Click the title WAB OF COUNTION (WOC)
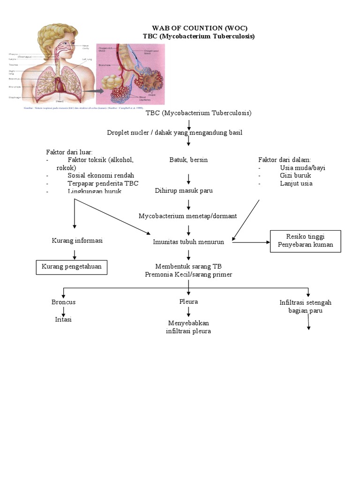199,28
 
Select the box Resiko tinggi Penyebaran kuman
305,240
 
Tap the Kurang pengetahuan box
72,267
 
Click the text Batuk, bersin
188,160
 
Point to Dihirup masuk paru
184,191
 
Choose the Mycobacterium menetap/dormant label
187,216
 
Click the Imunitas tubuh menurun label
188,242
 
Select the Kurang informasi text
77,240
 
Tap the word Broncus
63,302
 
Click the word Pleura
188,302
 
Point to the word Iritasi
63,320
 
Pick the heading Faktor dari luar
69,152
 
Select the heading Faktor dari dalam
285,160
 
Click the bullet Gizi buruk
295,175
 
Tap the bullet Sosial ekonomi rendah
101,175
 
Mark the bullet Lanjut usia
296,183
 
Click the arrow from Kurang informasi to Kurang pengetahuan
74,254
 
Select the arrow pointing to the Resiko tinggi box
252,242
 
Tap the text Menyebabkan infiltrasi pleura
188,327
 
